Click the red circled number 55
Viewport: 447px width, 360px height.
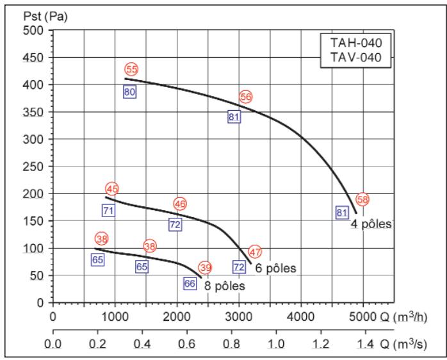(x=131, y=69)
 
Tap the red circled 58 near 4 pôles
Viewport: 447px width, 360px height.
(x=362, y=199)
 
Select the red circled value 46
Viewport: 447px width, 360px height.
(x=180, y=204)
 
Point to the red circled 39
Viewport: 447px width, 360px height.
(x=205, y=267)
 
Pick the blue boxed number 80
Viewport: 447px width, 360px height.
(x=129, y=92)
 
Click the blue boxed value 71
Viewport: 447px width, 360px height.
(x=108, y=210)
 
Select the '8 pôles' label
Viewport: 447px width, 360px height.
(x=224, y=286)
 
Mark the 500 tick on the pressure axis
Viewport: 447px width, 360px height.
(x=35, y=31)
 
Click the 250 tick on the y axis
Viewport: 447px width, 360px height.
(x=35, y=167)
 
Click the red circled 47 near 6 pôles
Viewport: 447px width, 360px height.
(x=256, y=252)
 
